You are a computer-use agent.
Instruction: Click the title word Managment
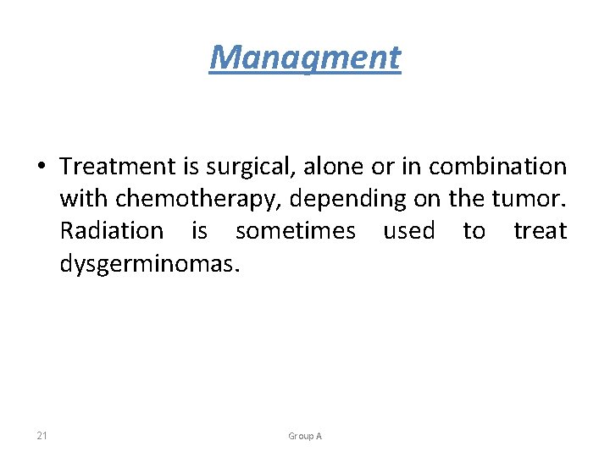pyautogui.click(x=305, y=58)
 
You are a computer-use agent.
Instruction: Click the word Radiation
pyautogui.click(x=112, y=230)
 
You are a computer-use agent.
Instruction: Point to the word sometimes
pyautogui.click(x=296, y=230)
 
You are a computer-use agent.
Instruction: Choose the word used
pyautogui.click(x=409, y=230)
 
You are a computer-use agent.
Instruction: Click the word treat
pyautogui.click(x=541, y=230)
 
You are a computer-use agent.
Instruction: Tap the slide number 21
pyautogui.click(x=42, y=436)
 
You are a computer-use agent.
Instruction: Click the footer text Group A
pyautogui.click(x=305, y=436)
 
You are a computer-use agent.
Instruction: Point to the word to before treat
pyautogui.click(x=474, y=230)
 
